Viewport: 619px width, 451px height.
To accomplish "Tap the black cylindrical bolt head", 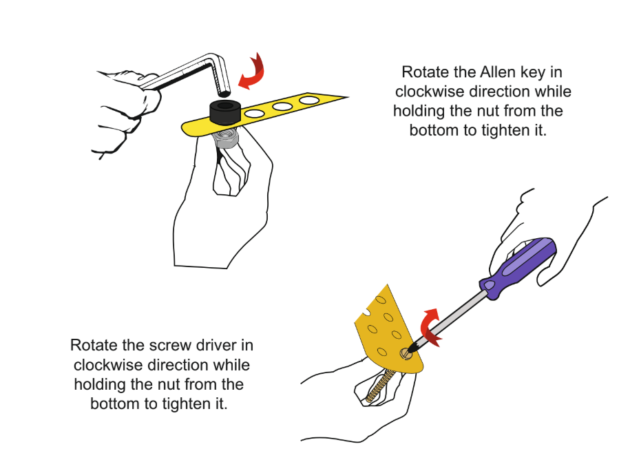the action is [225, 112].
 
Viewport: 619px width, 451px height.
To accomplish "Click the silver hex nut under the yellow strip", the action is [225, 138].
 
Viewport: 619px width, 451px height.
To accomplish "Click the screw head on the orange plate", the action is [406, 353].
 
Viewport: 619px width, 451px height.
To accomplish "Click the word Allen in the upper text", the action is [498, 72].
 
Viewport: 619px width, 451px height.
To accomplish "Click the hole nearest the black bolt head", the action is [253, 114].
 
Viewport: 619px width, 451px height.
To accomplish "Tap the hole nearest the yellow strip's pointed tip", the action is [309, 100].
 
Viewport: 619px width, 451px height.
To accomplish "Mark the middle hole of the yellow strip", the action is [282, 106].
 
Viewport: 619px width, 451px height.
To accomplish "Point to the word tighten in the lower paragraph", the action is [187, 404].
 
